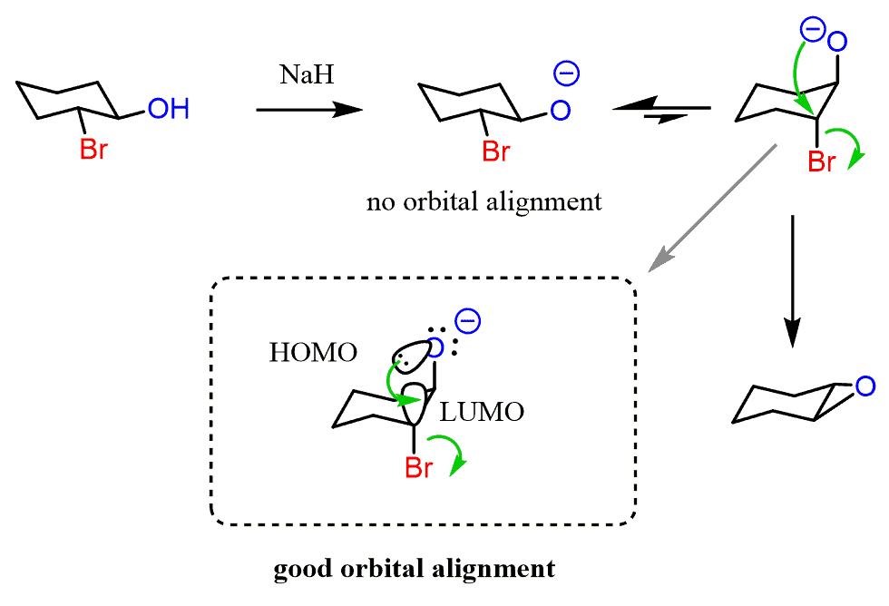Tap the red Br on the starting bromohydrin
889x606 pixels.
pyautogui.click(x=93, y=150)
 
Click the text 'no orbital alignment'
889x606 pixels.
pyautogui.click(x=484, y=201)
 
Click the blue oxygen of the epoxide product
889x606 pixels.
pyautogui.click(x=865, y=386)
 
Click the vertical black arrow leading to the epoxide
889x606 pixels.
pyautogui.click(x=793, y=281)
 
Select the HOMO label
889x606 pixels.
pyautogui.click(x=313, y=354)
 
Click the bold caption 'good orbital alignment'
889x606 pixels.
pyautogui.click(x=414, y=570)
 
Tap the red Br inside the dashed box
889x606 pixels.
pyautogui.click(x=418, y=467)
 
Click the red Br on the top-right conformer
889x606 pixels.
pyautogui.click(x=822, y=162)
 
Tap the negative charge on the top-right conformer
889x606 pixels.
pyautogui.click(x=811, y=33)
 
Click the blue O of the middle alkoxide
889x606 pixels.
pyautogui.click(x=561, y=111)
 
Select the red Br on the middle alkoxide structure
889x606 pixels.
pyautogui.click(x=495, y=150)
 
